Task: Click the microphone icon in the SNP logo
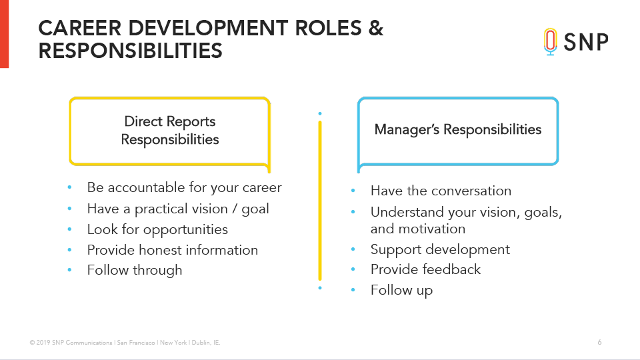550,41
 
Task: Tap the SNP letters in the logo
586,42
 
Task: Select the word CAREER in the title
80,28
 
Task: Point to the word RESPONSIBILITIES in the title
130,51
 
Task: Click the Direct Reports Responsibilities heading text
170,130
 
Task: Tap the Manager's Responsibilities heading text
458,129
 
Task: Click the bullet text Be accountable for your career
184,187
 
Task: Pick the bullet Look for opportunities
157,229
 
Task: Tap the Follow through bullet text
134,270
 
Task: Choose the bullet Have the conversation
441,191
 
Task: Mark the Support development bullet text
440,249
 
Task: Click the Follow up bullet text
401,290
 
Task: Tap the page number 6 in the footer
599,343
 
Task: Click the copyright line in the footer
125,343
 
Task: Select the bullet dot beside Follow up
353,290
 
